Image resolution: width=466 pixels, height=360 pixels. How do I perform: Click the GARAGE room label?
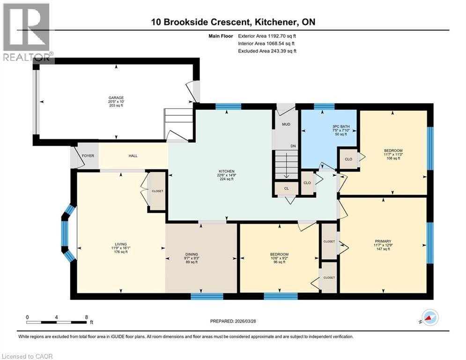point(116,98)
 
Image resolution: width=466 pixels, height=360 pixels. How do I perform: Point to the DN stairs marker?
point(293,146)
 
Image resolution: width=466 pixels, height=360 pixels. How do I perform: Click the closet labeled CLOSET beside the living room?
point(157,191)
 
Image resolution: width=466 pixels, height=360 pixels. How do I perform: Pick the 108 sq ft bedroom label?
point(392,151)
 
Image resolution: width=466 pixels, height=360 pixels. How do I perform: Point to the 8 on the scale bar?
point(86,317)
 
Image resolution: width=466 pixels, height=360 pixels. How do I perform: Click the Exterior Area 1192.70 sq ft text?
point(267,35)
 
